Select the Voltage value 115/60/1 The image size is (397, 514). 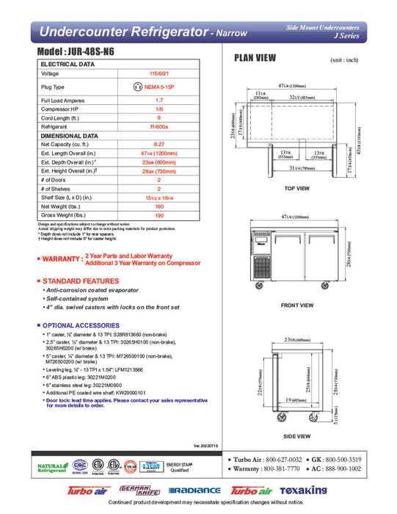[159, 73]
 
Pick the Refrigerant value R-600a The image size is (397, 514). [159, 126]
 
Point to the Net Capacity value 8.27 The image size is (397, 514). [159, 145]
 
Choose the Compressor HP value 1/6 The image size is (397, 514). [159, 109]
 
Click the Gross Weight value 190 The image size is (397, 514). [159, 216]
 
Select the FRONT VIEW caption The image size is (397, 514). [298, 305]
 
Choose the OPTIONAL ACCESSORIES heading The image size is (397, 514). [76, 325]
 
